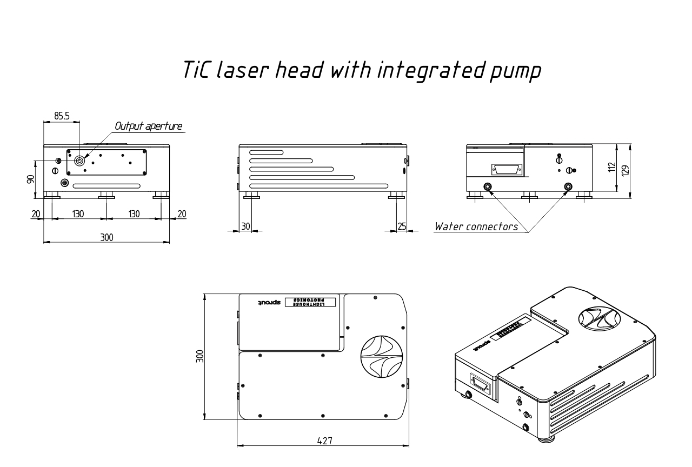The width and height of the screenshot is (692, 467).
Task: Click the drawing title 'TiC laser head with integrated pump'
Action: coord(362,71)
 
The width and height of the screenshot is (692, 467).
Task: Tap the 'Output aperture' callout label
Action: coord(148,126)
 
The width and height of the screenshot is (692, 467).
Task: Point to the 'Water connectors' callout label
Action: coord(476,226)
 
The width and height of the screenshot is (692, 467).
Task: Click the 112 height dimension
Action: coord(611,168)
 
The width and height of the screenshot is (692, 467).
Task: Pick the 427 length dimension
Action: coord(323,441)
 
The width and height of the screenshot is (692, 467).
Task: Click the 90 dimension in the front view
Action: coord(31,179)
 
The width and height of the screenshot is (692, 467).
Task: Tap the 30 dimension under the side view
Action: coord(245,226)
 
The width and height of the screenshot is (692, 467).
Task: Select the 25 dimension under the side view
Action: coord(401,226)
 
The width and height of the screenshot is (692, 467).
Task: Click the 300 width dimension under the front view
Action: coord(107,237)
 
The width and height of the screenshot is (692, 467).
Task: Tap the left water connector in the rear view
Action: coord(488,187)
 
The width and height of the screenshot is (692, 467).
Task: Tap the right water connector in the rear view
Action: coord(568,187)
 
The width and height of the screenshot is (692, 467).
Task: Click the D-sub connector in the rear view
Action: coord(506,170)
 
